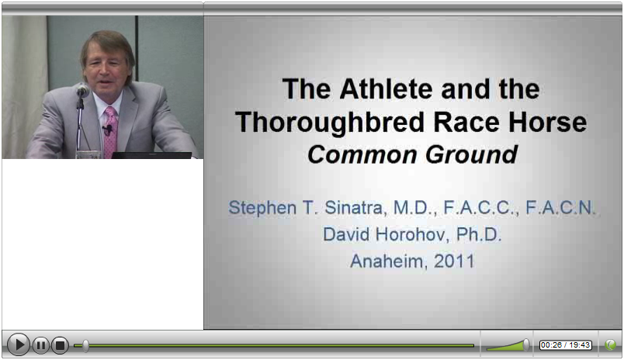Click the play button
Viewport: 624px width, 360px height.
tap(19, 344)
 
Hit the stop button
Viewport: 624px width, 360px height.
tap(60, 345)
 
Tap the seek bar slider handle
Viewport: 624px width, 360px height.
tap(85, 345)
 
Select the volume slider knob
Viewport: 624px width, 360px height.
tap(526, 344)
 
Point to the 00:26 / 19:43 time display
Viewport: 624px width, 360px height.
tap(565, 345)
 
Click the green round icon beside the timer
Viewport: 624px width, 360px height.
tap(610, 345)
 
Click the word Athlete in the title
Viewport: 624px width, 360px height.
tap(386, 88)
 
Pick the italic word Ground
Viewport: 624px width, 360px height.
tap(472, 154)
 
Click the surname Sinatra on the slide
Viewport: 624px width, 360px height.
tap(353, 208)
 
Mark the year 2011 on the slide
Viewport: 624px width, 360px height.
tap(454, 261)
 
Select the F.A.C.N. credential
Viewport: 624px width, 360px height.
tap(560, 208)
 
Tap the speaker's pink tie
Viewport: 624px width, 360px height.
tap(110, 132)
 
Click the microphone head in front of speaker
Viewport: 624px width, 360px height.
tap(83, 91)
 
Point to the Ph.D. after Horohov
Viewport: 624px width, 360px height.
tap(479, 234)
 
